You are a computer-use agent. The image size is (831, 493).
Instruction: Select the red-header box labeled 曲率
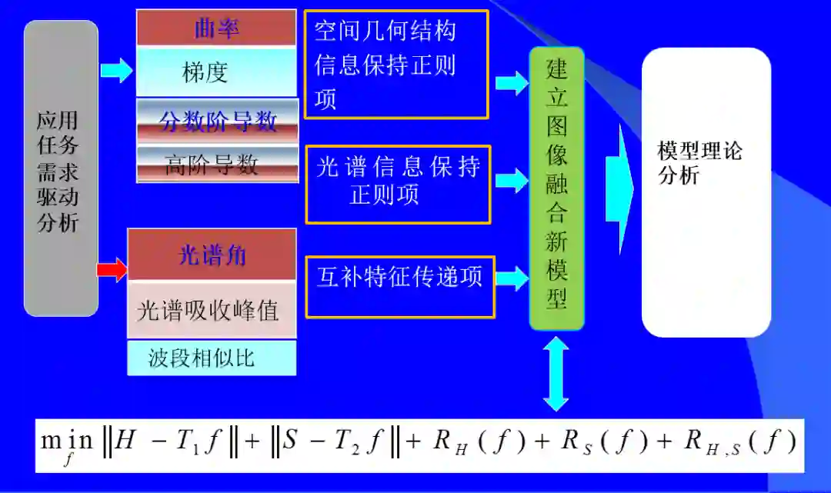point(216,28)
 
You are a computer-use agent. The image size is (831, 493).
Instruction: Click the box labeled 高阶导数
point(216,163)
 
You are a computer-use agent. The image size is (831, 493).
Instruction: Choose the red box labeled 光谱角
point(212,255)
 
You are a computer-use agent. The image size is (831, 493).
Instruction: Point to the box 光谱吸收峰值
point(212,309)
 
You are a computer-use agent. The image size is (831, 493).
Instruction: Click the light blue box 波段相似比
point(212,358)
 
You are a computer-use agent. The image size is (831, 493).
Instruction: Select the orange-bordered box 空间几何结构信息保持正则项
point(396,65)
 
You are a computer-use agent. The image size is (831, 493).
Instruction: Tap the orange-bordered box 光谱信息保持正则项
point(398,184)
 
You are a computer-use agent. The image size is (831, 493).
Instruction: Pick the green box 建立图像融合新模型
point(556,188)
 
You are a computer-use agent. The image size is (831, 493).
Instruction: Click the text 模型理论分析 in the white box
point(699,163)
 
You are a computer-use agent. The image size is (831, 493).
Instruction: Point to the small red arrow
point(112,270)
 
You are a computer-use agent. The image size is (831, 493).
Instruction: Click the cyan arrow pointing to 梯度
point(116,71)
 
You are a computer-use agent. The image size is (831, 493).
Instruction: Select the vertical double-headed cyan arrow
point(556,375)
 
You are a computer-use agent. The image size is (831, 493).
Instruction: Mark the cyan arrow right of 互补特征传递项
point(511,277)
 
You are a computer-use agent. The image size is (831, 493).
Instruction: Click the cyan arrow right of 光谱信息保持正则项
point(510,182)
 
